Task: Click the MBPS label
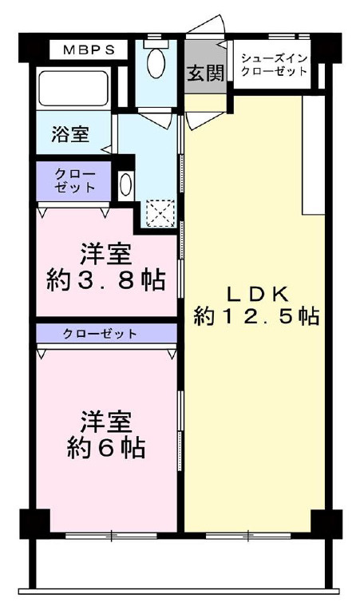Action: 89,50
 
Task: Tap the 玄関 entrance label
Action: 204,73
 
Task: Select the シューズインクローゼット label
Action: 273,63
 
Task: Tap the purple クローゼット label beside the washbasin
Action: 74,181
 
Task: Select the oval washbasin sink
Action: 125,185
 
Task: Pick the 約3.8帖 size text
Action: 103,280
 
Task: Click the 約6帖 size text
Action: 103,448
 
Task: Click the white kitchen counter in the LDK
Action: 313,156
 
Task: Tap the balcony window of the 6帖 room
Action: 113,535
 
